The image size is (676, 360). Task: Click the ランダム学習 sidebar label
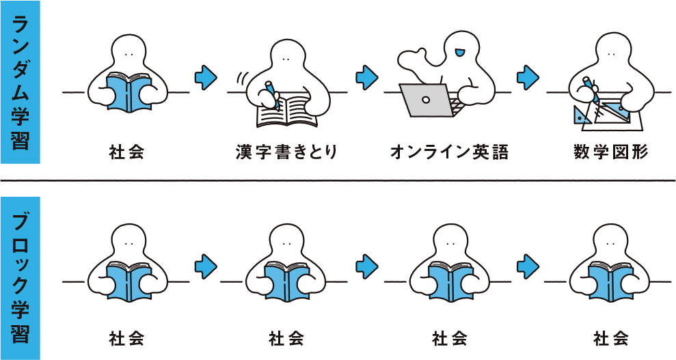pyautogui.click(x=20, y=82)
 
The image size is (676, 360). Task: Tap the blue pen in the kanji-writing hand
pyautogui.click(x=271, y=92)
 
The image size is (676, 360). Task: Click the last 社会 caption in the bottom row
pyautogui.click(x=610, y=337)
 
